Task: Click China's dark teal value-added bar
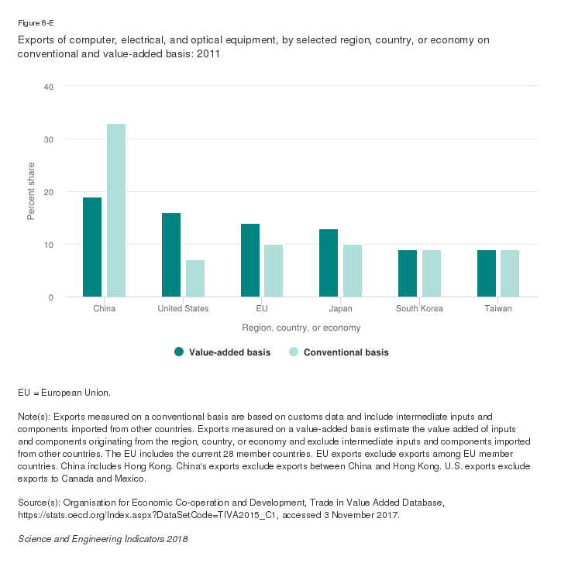(x=92, y=247)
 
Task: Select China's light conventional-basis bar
(x=116, y=211)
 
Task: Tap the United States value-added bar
(x=171, y=255)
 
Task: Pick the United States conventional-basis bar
(x=195, y=279)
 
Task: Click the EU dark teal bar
(x=250, y=260)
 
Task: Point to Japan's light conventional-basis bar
(x=353, y=271)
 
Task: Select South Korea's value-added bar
(x=408, y=273)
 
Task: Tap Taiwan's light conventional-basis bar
(x=510, y=273)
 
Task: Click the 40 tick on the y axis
(x=48, y=87)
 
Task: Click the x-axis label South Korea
(x=419, y=309)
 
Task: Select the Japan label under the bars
(x=340, y=309)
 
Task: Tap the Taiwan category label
(x=498, y=309)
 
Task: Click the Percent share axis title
(x=31, y=192)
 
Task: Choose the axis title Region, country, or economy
(x=301, y=328)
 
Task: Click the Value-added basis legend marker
(x=179, y=352)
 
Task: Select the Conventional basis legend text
(x=346, y=352)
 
